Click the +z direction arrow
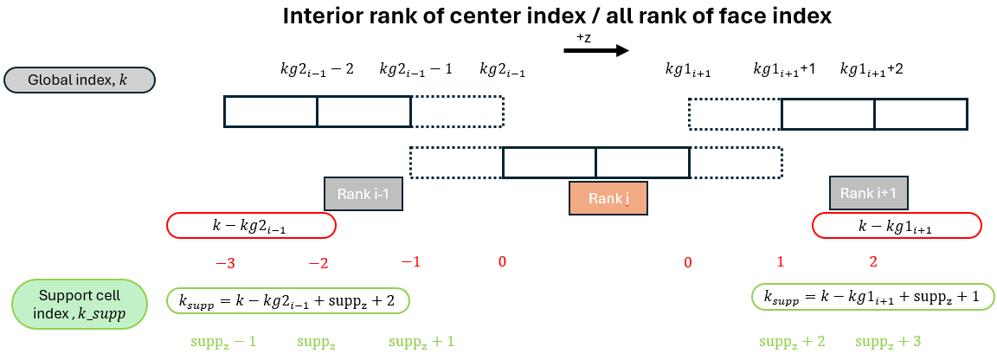tap(595, 51)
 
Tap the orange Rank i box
tap(608, 198)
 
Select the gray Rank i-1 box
tap(363, 194)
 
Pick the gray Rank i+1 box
tap(868, 193)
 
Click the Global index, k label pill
tap(79, 80)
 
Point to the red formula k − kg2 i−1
tap(251, 226)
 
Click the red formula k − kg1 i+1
tap(897, 226)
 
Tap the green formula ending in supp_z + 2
tap(287, 300)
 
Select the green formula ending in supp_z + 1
tap(873, 297)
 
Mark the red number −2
tap(318, 262)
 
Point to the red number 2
tap(873, 261)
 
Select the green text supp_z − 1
tap(223, 342)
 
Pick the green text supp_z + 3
tap(888, 342)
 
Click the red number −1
tap(410, 261)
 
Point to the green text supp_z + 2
tap(792, 342)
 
